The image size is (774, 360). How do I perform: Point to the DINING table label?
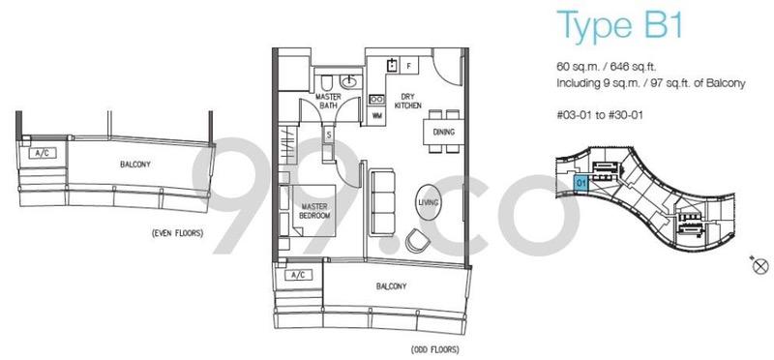(443, 132)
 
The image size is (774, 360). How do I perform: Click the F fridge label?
(410, 66)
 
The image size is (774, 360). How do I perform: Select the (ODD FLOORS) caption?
(434, 349)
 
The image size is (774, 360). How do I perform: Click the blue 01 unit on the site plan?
(580, 181)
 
